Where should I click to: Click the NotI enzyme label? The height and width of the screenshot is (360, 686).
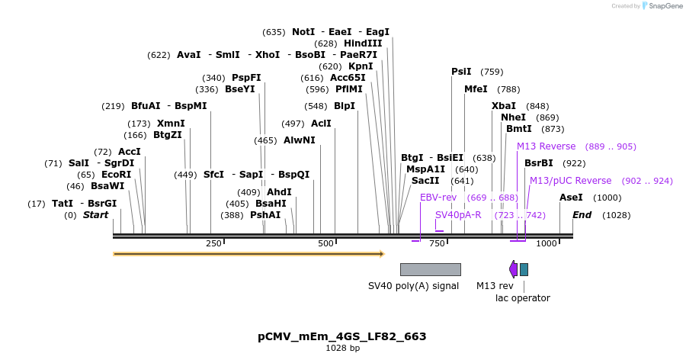pos(303,32)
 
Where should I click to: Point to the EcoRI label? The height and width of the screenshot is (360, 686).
pos(116,175)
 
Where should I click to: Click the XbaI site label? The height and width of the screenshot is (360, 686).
pos(503,106)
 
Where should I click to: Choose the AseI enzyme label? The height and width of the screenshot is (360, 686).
pos(571,198)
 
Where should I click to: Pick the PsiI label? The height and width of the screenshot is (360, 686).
pos(461,72)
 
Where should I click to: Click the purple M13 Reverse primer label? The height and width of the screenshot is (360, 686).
pos(547,146)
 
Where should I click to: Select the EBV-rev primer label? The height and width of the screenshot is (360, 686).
pos(438,198)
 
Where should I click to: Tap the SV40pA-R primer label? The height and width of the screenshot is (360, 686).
pos(458,215)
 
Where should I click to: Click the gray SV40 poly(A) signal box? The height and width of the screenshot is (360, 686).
pos(430,269)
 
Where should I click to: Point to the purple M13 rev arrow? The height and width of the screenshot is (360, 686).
pos(513,269)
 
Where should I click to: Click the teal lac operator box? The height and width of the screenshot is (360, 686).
pos(524,269)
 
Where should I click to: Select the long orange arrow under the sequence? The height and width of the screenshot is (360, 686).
pos(248,253)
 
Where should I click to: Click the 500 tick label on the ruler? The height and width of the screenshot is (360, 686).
pos(326,244)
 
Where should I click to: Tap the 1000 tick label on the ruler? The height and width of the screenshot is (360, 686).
pos(546,244)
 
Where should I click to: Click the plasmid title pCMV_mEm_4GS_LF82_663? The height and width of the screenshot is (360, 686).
pos(342,336)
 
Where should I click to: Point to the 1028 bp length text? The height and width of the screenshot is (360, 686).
pos(342,349)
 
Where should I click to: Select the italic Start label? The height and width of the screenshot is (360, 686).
pos(95,215)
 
